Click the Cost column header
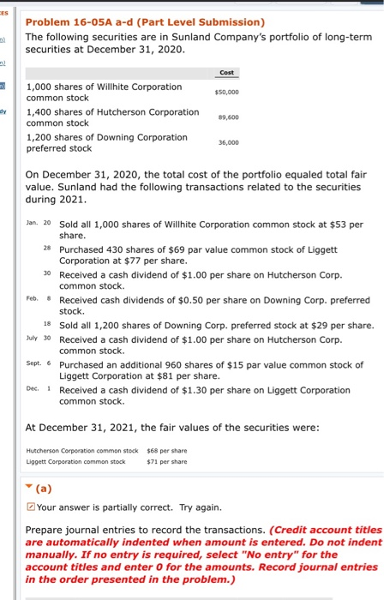227,72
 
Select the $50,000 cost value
227,91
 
